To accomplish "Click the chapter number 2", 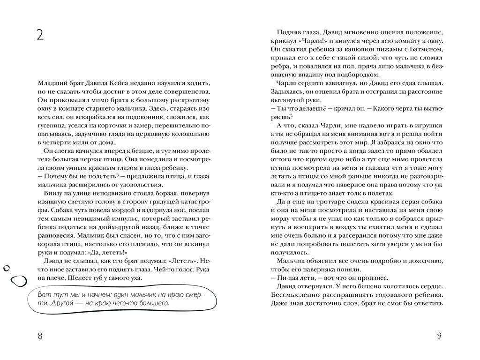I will pos(40,35).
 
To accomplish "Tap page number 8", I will pos(40,336).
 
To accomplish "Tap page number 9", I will pos(439,336).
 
